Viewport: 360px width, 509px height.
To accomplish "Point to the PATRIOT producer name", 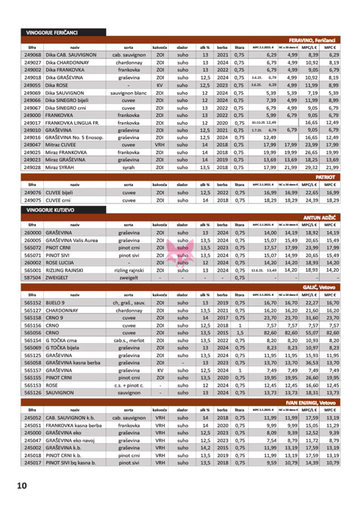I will pos(327,177).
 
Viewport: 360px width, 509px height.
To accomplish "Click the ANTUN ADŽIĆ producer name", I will pos(320,218).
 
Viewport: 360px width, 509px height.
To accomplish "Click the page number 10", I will pos(22,486).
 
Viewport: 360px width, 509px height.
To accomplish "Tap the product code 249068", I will pos(33,55).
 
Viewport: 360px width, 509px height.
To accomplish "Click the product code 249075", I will pos(33,200).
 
